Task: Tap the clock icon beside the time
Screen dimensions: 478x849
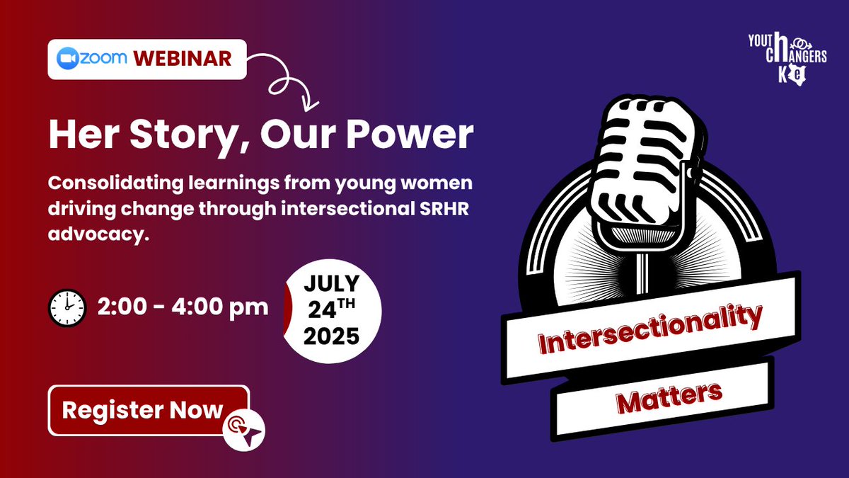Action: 67,307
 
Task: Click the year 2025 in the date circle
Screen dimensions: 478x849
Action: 331,336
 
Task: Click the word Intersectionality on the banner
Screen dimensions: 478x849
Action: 650,330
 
